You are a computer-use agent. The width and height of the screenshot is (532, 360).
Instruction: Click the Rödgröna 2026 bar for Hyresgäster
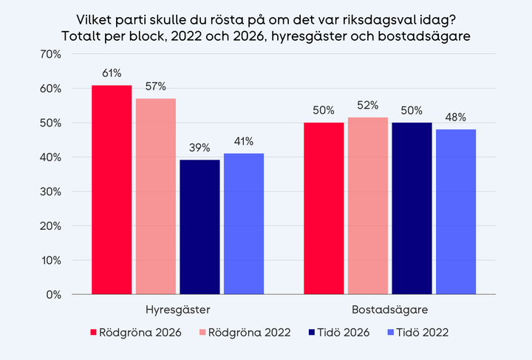(112, 190)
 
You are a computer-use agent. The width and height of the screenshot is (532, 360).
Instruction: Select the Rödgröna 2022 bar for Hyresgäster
(155, 197)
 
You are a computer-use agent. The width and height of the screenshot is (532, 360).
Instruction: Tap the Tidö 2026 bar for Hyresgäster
(199, 228)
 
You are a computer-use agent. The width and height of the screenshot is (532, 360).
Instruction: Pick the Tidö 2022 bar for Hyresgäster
(243, 224)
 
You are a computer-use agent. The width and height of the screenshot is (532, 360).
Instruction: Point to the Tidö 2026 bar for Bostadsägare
(412, 208)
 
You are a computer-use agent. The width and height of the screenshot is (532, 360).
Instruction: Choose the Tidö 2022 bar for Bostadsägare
(455, 212)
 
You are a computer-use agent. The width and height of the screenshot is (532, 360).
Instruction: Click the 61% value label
(112, 73)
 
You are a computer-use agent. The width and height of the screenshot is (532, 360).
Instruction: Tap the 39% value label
(199, 148)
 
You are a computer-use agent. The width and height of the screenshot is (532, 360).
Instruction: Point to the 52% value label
(367, 105)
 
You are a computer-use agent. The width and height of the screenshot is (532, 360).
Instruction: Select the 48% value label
(455, 118)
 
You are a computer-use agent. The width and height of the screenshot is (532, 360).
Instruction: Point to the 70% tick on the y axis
(55, 54)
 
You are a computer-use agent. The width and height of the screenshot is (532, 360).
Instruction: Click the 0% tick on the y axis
(58, 294)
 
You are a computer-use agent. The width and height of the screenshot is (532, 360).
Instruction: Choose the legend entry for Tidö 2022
(417, 333)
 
